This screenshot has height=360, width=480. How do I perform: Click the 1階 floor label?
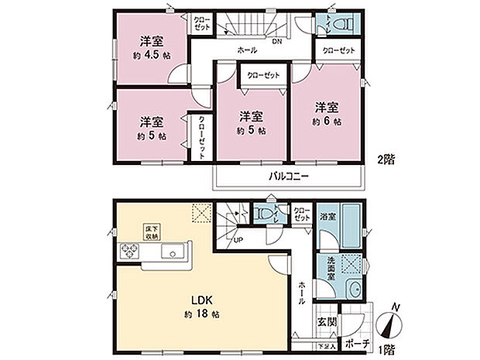tap(385, 348)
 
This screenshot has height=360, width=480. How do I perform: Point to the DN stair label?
tap(276, 41)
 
